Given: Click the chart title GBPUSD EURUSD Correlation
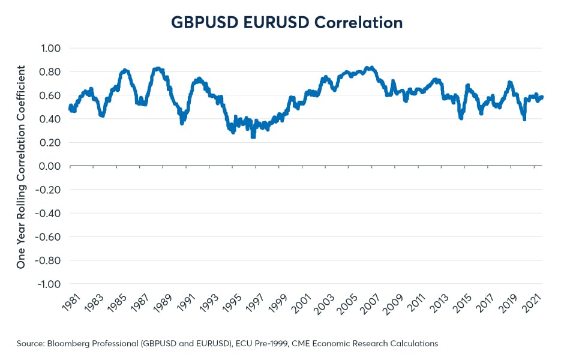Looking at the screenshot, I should (287, 23).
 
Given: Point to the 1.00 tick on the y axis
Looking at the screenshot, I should (52, 48).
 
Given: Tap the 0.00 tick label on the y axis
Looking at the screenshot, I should (52, 166).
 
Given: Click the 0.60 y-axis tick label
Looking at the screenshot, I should (52, 95).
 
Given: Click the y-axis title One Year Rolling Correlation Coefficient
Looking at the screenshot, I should (21, 166).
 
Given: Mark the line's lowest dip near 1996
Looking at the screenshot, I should (253, 137).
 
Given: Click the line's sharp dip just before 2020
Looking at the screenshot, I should (524, 119).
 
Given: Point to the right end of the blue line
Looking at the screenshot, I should (542, 97).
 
